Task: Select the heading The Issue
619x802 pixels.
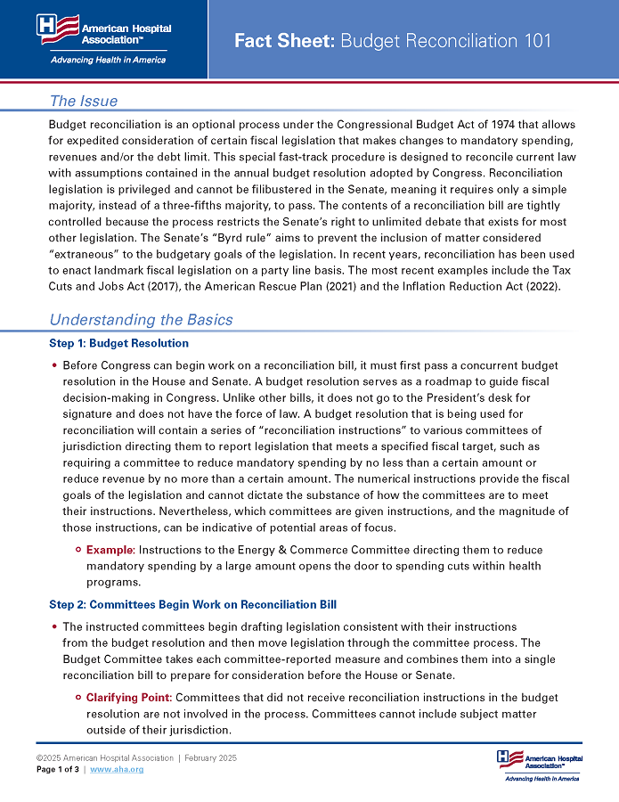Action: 84,101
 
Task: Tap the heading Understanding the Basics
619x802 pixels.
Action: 141,319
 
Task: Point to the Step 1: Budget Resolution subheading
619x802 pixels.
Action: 119,343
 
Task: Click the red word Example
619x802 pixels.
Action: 110,550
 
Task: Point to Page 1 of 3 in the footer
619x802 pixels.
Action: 57,768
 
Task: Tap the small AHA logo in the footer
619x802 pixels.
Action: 537,764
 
